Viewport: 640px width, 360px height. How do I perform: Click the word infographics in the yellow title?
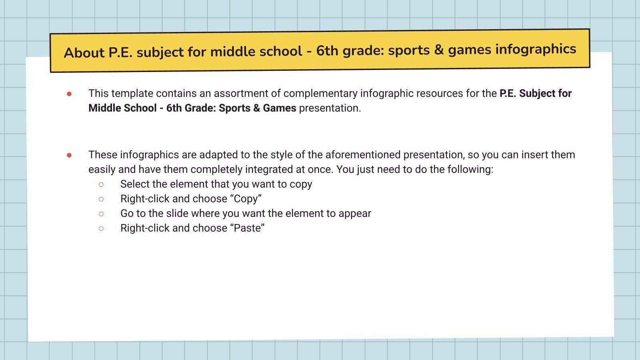pos(536,49)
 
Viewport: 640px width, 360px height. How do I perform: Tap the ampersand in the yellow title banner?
pos(439,50)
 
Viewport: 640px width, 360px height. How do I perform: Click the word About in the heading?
pos(84,53)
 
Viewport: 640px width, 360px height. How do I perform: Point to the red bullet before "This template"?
pos(69,94)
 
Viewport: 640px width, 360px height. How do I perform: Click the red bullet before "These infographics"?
pos(69,155)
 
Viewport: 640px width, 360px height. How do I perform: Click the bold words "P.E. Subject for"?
pos(536,93)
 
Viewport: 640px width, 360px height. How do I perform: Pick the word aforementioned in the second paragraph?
pos(363,155)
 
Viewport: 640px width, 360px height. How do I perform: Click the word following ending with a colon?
pos(470,170)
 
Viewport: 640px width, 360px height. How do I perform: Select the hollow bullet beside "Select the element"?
pos(101,184)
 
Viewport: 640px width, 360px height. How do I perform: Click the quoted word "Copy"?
pos(246,199)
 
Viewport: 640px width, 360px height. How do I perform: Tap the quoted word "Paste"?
pos(248,228)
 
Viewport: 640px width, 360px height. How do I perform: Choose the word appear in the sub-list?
pos(355,214)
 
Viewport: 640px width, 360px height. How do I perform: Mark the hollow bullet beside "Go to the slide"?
pos(101,214)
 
